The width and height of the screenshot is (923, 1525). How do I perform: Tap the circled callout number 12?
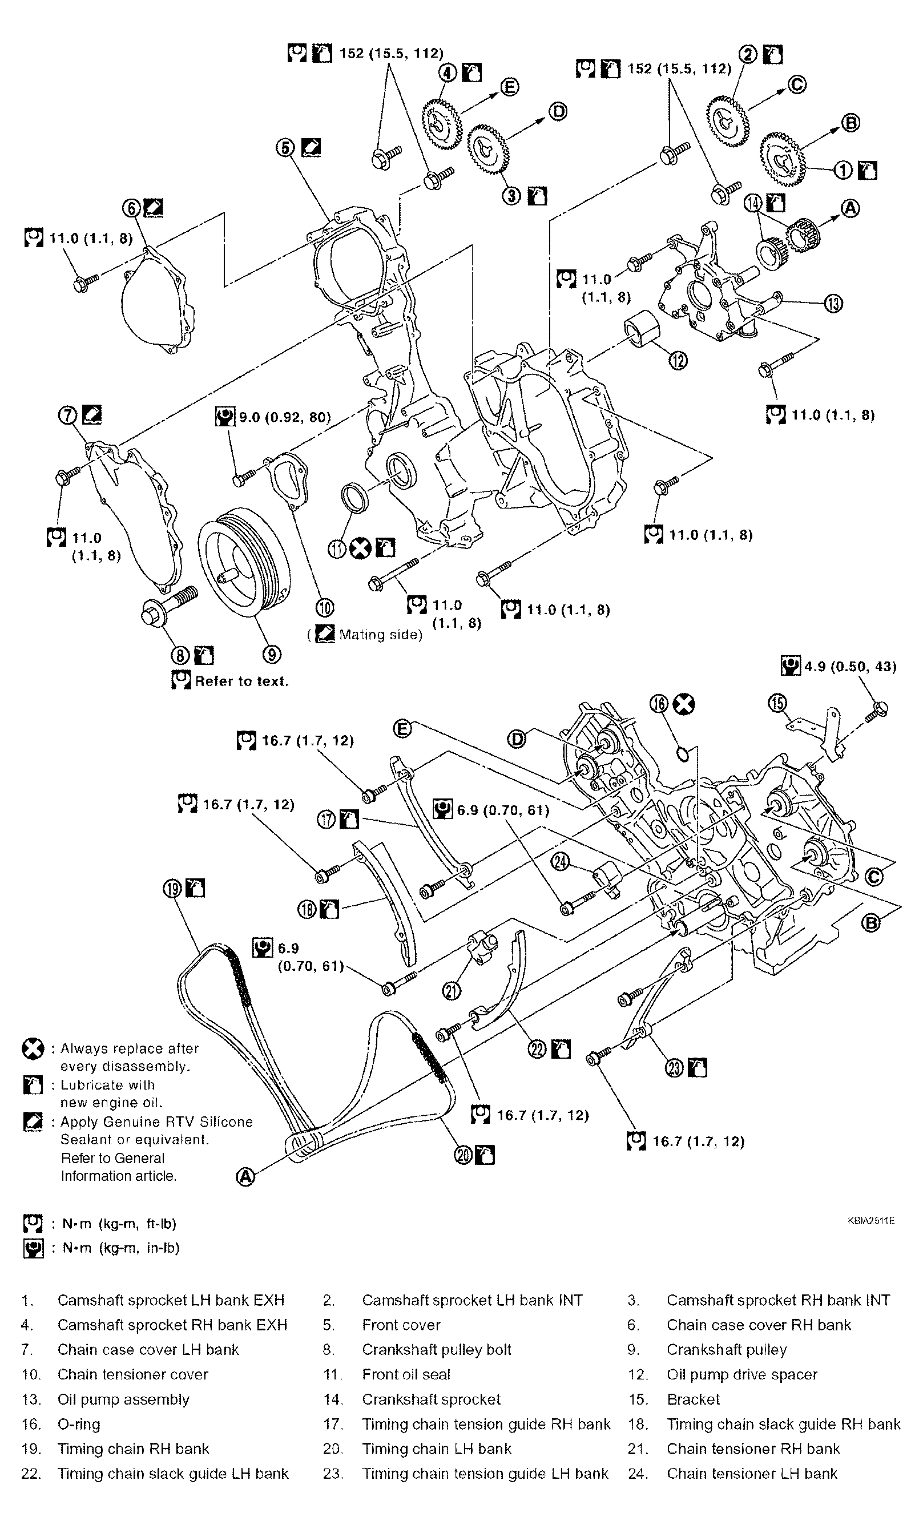[679, 360]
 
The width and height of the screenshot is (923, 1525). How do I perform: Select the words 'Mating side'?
[380, 635]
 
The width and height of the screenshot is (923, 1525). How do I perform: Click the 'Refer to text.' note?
[241, 681]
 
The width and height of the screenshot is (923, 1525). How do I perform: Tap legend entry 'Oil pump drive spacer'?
[741, 1374]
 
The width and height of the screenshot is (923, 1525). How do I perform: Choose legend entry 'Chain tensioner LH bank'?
[752, 1474]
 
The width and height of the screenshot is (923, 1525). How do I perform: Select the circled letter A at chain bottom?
[246, 1177]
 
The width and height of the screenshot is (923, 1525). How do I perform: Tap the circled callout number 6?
[132, 208]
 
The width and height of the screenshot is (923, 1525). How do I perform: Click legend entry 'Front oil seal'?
[406, 1374]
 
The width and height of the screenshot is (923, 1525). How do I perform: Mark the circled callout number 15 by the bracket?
[777, 703]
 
